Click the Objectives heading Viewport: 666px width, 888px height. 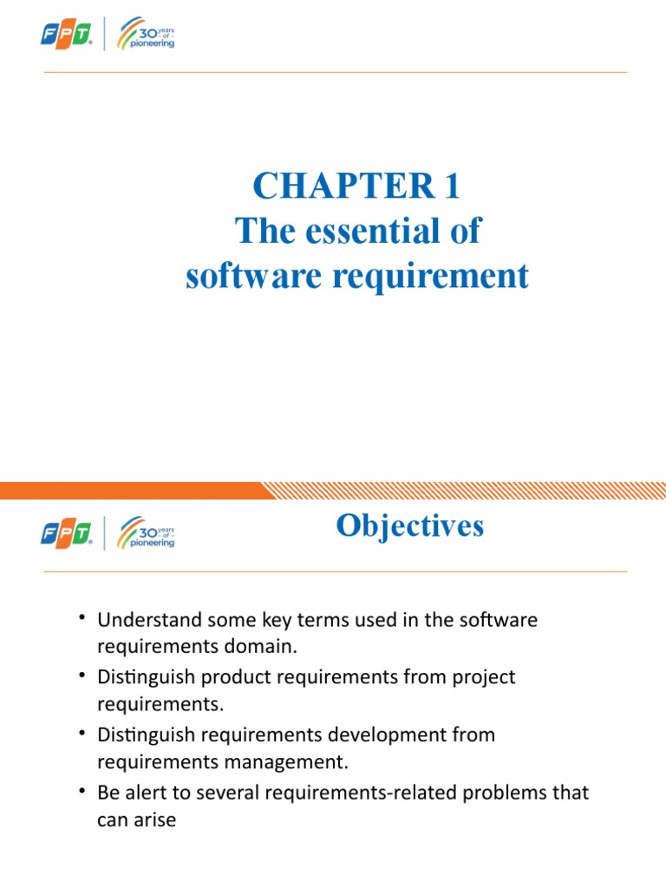click(x=410, y=526)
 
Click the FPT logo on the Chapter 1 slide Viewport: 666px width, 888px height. click(x=66, y=36)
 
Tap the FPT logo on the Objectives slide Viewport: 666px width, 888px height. click(x=66, y=533)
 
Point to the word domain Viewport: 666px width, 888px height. click(x=271, y=647)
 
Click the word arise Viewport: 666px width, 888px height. click(x=155, y=819)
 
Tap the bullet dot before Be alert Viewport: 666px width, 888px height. click(x=81, y=790)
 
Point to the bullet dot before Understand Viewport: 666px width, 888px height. click(x=81, y=618)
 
